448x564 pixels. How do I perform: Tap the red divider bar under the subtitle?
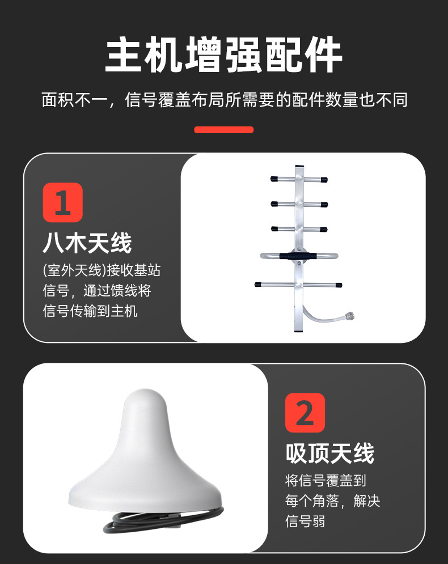click(223, 130)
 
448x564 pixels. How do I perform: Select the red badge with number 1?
click(62, 202)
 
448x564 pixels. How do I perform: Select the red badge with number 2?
click(305, 413)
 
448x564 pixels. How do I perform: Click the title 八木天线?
click(87, 243)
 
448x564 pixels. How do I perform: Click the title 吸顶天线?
click(329, 453)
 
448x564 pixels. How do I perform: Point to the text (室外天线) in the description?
click(75, 270)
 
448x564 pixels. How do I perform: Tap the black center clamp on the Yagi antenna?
click(297, 256)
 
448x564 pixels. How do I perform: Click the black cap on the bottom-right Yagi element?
click(339, 284)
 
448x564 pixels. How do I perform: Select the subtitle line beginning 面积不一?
click(223, 100)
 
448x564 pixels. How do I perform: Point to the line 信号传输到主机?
click(90, 311)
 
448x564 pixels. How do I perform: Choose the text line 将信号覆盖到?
click(326, 481)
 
